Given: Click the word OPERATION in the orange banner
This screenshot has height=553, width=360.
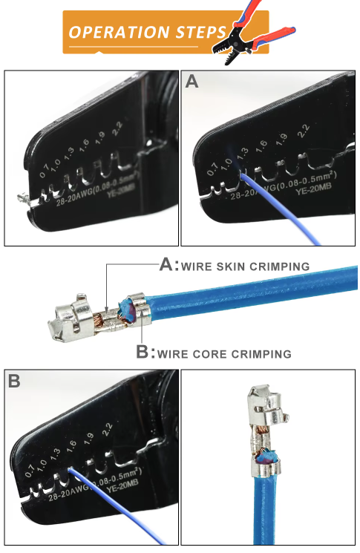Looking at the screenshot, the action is point(119,32).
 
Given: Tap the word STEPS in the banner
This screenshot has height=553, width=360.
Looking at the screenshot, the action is point(200,32).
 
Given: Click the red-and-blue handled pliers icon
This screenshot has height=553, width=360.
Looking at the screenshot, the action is point(252,33).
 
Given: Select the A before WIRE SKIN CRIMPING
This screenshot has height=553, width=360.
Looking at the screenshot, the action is point(167,264).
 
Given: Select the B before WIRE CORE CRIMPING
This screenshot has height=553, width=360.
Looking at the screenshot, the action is point(143,352).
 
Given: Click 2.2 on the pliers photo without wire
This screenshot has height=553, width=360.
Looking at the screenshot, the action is point(117,128).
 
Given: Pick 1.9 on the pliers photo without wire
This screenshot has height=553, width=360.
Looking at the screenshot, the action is point(99,137).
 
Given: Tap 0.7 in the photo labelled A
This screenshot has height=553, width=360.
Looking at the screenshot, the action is point(212,169).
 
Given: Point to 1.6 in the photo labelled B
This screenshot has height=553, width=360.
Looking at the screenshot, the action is point(71,447).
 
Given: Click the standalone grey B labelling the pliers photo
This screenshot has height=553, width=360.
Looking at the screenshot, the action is point(14,381).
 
